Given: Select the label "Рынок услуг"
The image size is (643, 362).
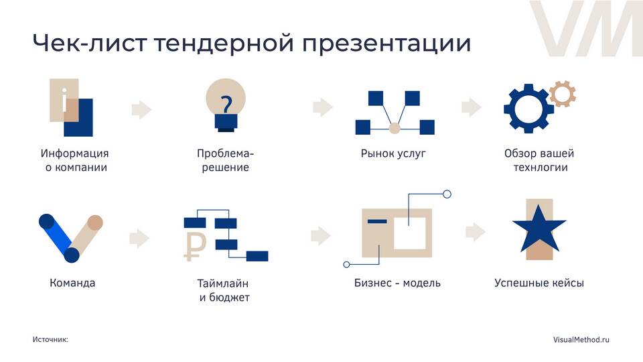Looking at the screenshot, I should click(394, 154).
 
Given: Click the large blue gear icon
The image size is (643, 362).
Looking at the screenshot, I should click(528, 107).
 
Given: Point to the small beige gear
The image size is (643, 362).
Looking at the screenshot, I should click(563, 93).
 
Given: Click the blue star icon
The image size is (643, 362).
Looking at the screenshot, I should click(539, 227).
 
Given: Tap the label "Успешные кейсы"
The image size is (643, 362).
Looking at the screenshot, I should click(539, 283).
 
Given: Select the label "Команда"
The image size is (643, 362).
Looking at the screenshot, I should click(72, 283).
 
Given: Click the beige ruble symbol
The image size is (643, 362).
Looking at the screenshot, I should click(195, 245).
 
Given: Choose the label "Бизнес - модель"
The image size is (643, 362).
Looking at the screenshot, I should click(397, 283).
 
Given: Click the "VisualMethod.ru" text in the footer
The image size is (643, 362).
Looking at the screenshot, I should click(581, 340).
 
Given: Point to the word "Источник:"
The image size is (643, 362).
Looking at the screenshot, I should click(50, 340).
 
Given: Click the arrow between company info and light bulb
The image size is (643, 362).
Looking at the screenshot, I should click(141, 109).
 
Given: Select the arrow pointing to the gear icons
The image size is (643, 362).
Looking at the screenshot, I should click(472, 107).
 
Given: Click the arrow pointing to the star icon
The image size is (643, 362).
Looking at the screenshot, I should click(475, 232).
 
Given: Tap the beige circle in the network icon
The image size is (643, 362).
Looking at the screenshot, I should click(395, 127).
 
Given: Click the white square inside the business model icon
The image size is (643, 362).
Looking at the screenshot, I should click(411, 231).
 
